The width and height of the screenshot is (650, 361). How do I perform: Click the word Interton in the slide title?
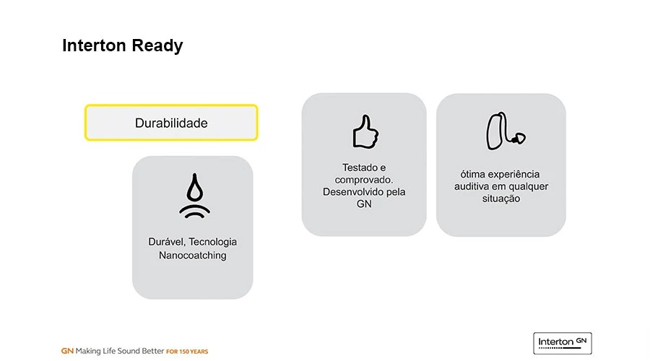[94, 45]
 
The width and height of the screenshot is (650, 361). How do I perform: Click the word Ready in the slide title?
[157, 46]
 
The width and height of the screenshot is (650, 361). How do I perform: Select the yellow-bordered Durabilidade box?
[171, 123]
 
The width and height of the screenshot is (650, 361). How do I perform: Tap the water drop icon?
[194, 195]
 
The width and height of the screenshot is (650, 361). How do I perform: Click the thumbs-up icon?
[365, 132]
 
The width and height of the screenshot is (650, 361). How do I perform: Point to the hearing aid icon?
[506, 131]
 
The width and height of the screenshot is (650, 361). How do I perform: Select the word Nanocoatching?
[193, 256]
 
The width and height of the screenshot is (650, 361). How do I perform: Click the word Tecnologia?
[212, 242]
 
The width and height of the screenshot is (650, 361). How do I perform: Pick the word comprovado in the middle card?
[363, 180]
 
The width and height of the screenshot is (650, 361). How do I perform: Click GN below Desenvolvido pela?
[364, 204]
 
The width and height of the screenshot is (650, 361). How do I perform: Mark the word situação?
[501, 199]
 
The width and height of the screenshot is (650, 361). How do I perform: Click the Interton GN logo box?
[563, 343]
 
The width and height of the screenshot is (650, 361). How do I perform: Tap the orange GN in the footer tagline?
[67, 351]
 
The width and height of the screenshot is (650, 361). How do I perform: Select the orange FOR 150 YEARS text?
[187, 352]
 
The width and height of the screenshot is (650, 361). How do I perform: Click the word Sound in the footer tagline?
[129, 351]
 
